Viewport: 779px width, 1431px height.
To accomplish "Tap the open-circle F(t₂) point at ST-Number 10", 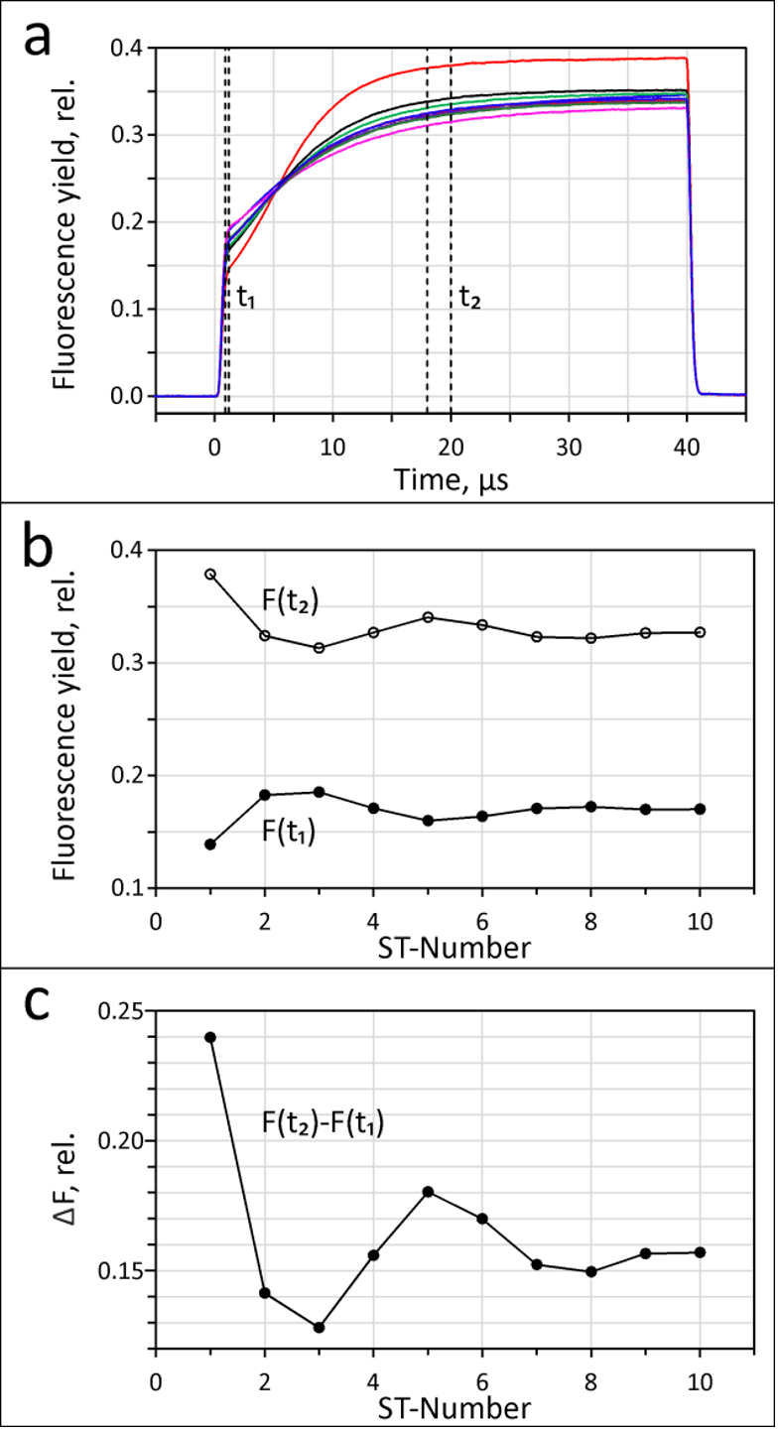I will tap(700, 632).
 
